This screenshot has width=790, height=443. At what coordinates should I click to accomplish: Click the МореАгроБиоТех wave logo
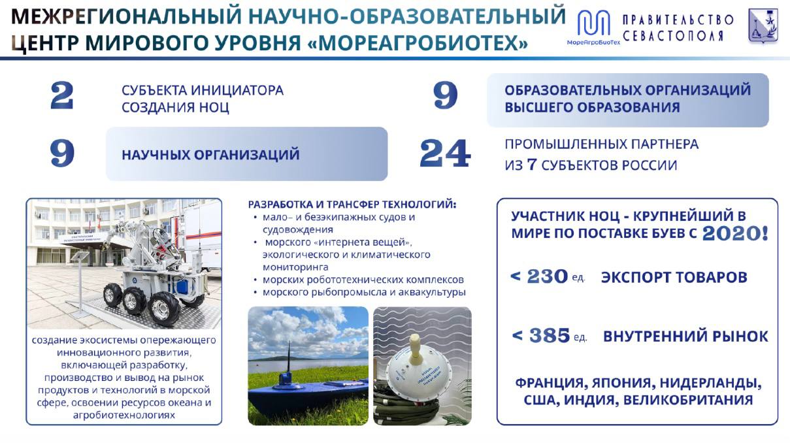(593, 23)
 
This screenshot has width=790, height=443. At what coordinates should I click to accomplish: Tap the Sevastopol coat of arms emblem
(763, 25)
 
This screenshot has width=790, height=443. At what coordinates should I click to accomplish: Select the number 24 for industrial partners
(445, 154)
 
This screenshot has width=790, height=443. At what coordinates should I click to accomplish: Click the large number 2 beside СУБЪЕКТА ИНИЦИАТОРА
(61, 95)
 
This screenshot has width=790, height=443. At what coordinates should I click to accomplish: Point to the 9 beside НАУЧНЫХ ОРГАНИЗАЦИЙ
(62, 153)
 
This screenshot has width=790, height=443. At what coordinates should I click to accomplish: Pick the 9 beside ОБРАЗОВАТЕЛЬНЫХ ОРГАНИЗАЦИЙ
(445, 95)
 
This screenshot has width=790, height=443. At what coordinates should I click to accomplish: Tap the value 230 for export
(548, 276)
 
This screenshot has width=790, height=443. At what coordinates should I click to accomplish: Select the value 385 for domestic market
(550, 335)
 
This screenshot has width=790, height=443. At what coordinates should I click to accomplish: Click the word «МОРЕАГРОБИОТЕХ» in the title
(418, 43)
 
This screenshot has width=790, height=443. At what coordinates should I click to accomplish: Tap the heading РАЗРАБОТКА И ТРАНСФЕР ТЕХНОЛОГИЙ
(352, 205)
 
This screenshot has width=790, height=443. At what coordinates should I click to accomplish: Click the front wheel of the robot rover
(165, 309)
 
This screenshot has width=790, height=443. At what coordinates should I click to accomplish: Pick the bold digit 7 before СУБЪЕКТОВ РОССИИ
(532, 165)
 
